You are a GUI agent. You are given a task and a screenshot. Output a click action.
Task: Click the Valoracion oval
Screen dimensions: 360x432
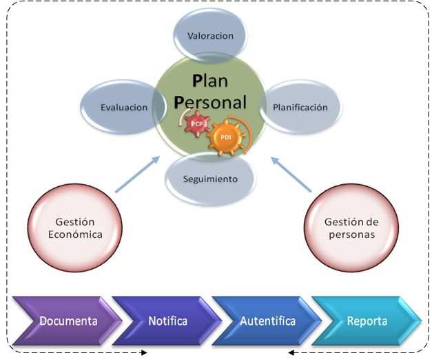pos(210,36)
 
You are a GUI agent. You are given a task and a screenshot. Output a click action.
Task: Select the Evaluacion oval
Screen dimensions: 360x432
pos(124,108)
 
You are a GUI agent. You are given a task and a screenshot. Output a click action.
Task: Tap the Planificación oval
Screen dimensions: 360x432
pos(300,108)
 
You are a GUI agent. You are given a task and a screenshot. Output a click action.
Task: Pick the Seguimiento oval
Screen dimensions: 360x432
pos(210,179)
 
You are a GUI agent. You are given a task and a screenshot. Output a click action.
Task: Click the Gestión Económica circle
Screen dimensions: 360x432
pos(75,228)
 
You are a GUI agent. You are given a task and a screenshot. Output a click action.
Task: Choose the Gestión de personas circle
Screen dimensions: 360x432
pos(351,228)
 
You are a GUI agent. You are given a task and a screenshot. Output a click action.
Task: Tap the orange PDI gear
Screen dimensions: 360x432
pos(226,137)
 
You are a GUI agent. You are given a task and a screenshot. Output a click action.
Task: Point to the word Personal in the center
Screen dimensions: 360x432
pos(210,101)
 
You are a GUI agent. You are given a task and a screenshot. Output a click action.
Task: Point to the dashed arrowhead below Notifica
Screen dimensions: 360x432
pos(144,353)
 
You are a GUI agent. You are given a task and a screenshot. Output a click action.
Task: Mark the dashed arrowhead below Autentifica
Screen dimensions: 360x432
pos(291,353)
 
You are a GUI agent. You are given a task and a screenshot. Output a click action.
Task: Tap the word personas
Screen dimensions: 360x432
pos(351,234)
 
